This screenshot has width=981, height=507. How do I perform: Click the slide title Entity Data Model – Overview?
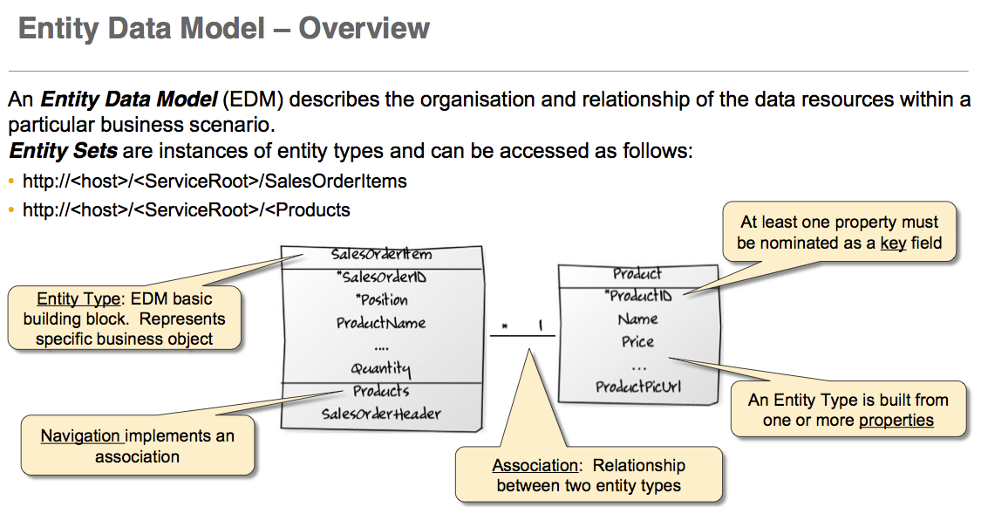(224, 28)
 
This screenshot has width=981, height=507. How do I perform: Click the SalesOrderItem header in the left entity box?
(381, 256)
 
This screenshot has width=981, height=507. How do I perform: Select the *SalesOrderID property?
(380, 278)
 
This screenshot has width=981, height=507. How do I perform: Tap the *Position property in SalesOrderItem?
(381, 300)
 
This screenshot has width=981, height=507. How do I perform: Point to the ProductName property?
(381, 323)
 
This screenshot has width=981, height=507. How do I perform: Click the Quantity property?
(381, 368)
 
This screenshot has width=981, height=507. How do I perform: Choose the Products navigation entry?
(381, 391)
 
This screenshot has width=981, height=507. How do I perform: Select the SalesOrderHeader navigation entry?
(380, 414)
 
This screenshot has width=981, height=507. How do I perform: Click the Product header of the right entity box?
(637, 274)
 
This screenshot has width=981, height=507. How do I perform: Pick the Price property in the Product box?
(637, 341)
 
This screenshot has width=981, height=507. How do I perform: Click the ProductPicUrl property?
(637, 387)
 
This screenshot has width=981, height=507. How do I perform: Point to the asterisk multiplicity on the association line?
(504, 327)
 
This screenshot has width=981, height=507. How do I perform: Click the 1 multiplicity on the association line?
(540, 326)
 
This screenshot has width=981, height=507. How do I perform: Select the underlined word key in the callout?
(893, 243)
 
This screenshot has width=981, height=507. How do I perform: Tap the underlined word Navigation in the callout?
(81, 435)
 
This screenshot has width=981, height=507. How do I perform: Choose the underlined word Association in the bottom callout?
(535, 466)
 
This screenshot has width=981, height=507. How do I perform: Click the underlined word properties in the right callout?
(896, 421)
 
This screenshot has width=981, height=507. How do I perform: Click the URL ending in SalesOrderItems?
(215, 182)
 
